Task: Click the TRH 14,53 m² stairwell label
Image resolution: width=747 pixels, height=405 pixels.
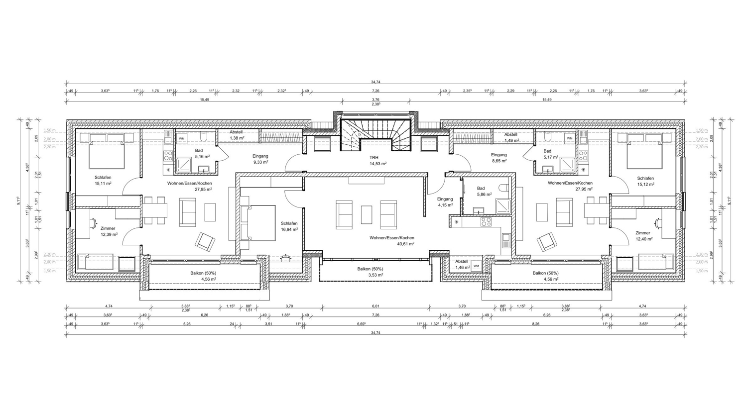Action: (377, 161)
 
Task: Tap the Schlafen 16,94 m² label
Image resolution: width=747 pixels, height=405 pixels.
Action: (289, 226)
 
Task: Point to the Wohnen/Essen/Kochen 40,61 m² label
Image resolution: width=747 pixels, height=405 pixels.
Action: (391, 241)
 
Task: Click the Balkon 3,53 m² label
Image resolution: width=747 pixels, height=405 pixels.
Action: (370, 272)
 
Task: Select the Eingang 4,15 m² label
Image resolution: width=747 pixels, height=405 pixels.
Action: (445, 202)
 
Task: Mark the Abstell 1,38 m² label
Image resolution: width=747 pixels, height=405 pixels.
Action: (236, 135)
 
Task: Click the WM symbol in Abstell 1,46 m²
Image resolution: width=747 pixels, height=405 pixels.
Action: (476, 266)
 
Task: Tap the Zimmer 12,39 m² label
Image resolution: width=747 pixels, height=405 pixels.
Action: (108, 231)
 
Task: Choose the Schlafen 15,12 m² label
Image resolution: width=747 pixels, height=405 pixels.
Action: (645, 181)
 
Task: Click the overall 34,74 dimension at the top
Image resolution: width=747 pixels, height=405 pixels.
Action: (375, 82)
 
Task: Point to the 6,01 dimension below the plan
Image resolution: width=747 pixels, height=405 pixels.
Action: (375, 306)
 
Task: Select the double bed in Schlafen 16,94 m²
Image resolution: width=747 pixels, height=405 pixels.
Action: (258, 222)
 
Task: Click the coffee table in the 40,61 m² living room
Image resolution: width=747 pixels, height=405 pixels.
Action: (367, 214)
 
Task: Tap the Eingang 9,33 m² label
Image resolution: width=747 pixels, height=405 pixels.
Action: (260, 159)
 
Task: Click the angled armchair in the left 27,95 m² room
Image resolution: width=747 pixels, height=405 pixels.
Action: (205, 241)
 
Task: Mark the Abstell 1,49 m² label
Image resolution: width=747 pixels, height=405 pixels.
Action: (511, 137)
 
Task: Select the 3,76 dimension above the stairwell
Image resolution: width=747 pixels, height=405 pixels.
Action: (375, 100)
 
